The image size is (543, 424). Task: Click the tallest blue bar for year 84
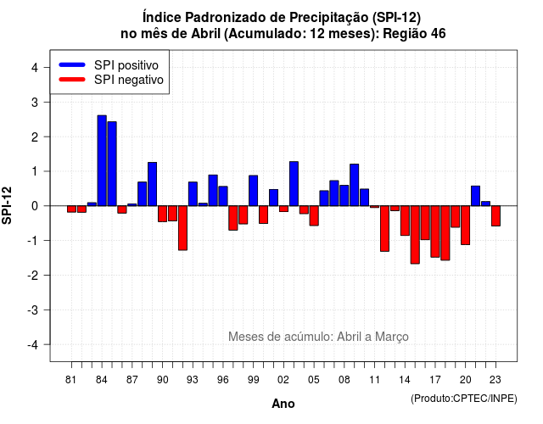[x=102, y=160]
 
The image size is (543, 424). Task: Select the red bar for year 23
[x=495, y=216]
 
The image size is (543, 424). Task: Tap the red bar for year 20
[x=466, y=226]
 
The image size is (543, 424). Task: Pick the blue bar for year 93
[x=193, y=194]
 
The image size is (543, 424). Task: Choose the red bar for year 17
[x=435, y=232]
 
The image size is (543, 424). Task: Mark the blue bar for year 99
[x=253, y=191]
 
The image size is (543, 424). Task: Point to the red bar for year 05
[x=314, y=215]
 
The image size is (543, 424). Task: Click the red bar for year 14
[x=405, y=220]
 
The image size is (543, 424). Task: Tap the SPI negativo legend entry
[x=111, y=80]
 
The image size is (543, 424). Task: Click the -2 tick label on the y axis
[x=33, y=275]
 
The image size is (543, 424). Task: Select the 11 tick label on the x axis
[x=374, y=380]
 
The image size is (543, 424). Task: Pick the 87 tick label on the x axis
[x=132, y=380]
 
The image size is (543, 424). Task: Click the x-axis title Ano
[x=283, y=404]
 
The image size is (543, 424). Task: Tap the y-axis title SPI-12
[x=7, y=205]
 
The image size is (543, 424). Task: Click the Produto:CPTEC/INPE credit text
[x=464, y=399]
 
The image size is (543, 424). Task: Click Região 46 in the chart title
[x=414, y=34]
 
